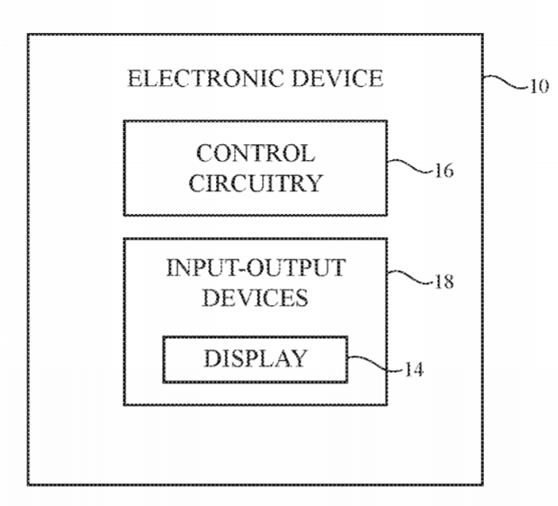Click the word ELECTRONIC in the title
pos(205,78)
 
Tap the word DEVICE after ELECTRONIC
pos(338,78)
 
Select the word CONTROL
pos(256,154)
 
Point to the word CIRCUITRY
pos(256,183)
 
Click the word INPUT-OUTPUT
pos(256,268)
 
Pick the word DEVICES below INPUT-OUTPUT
pos(255,297)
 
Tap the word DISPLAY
pos(255,358)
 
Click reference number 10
pos(540,86)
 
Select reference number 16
pos(445,171)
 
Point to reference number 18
pos(445,282)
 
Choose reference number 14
pos(414,370)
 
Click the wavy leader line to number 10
pos(505,81)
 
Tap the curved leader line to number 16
pos(410,166)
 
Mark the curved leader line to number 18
pos(410,277)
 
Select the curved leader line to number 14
pos(375,364)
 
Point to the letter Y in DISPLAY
pos(299,358)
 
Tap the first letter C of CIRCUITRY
pos(196,183)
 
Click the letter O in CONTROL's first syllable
pos(222,154)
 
